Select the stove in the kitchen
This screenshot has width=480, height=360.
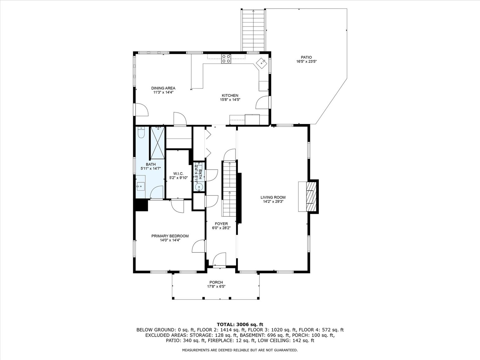point(226,59)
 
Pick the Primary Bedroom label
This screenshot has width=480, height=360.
point(170,236)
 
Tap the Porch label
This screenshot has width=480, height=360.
point(216,282)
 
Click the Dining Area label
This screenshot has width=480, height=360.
point(163,88)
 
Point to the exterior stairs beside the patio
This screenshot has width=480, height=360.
point(253,30)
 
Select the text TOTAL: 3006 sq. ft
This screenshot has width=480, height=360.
point(240,324)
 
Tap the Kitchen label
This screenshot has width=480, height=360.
point(230,95)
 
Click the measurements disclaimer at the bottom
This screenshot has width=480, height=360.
point(240,350)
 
